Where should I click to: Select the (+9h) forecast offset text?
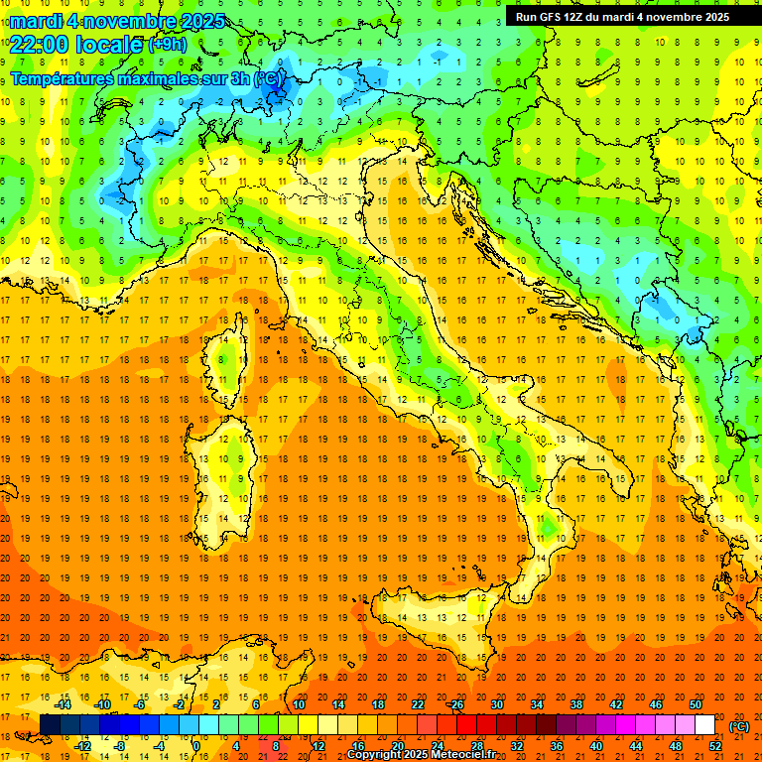coord(167,44)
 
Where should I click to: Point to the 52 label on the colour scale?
coord(714,746)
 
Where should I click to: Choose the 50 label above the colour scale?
coord(696,704)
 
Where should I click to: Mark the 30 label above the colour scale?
coord(496,704)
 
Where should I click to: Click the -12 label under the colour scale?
coord(82,746)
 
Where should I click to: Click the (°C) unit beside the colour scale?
coord(739,726)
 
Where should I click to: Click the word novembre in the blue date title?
coord(133,21)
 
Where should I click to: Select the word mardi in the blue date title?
coord(36,21)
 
